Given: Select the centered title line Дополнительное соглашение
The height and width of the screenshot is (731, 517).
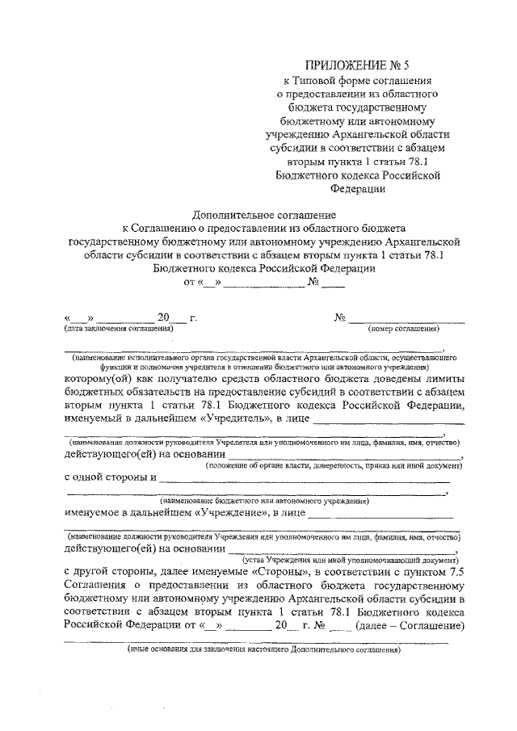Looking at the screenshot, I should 258,215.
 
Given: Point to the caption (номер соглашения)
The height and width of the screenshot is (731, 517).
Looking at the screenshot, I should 403,329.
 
